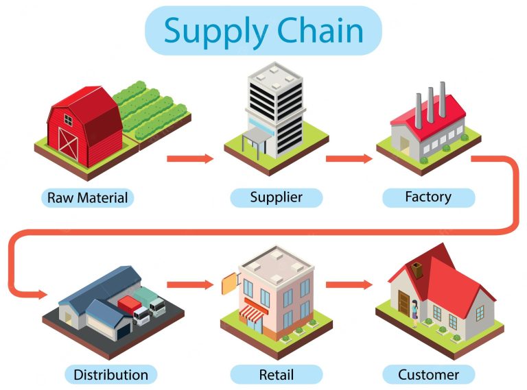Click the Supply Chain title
tap(263, 31)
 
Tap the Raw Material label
tap(87, 198)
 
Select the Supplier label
tap(276, 197)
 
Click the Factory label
tap(428, 197)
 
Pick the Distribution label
tap(110, 374)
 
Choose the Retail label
tap(276, 374)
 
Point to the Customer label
tap(429, 374)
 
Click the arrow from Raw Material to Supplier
tap(190, 159)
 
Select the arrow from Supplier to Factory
tap(349, 159)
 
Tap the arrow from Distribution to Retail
tap(190, 284)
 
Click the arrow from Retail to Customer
tap(349, 284)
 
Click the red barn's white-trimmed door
tap(68, 143)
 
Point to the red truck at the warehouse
tap(130, 306)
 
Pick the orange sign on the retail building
tap(229, 280)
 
